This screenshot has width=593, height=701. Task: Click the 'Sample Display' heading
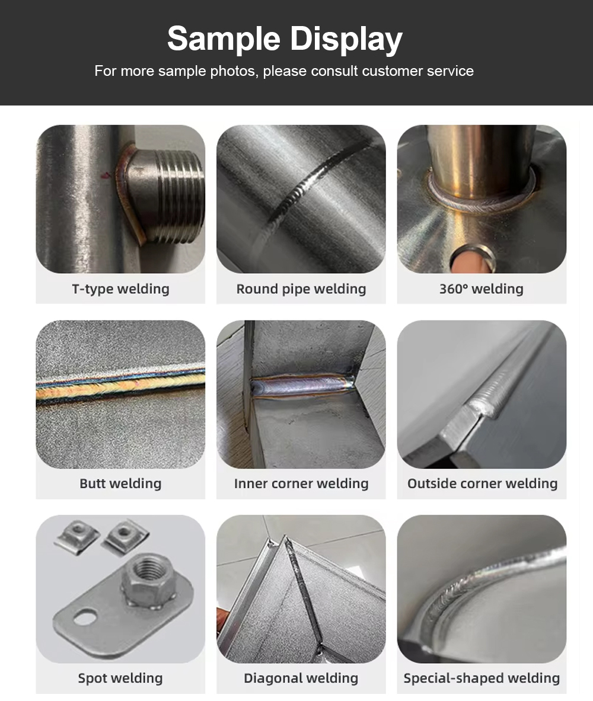click(285, 39)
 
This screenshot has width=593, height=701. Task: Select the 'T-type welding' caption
click(120, 289)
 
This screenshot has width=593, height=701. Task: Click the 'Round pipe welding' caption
click(301, 289)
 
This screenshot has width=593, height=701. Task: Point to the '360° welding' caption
click(482, 289)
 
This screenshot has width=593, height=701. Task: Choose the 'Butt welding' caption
click(120, 484)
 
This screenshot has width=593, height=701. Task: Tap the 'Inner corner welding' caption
click(301, 484)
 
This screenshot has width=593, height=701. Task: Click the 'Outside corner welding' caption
click(483, 484)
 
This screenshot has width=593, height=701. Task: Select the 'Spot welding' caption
click(120, 678)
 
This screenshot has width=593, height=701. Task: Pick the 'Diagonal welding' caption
click(301, 678)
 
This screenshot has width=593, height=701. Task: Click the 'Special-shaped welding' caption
click(482, 678)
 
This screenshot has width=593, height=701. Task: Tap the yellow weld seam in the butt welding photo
click(120, 387)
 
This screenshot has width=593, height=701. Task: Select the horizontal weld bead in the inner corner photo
click(302, 385)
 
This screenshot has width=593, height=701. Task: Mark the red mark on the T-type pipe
click(106, 175)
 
